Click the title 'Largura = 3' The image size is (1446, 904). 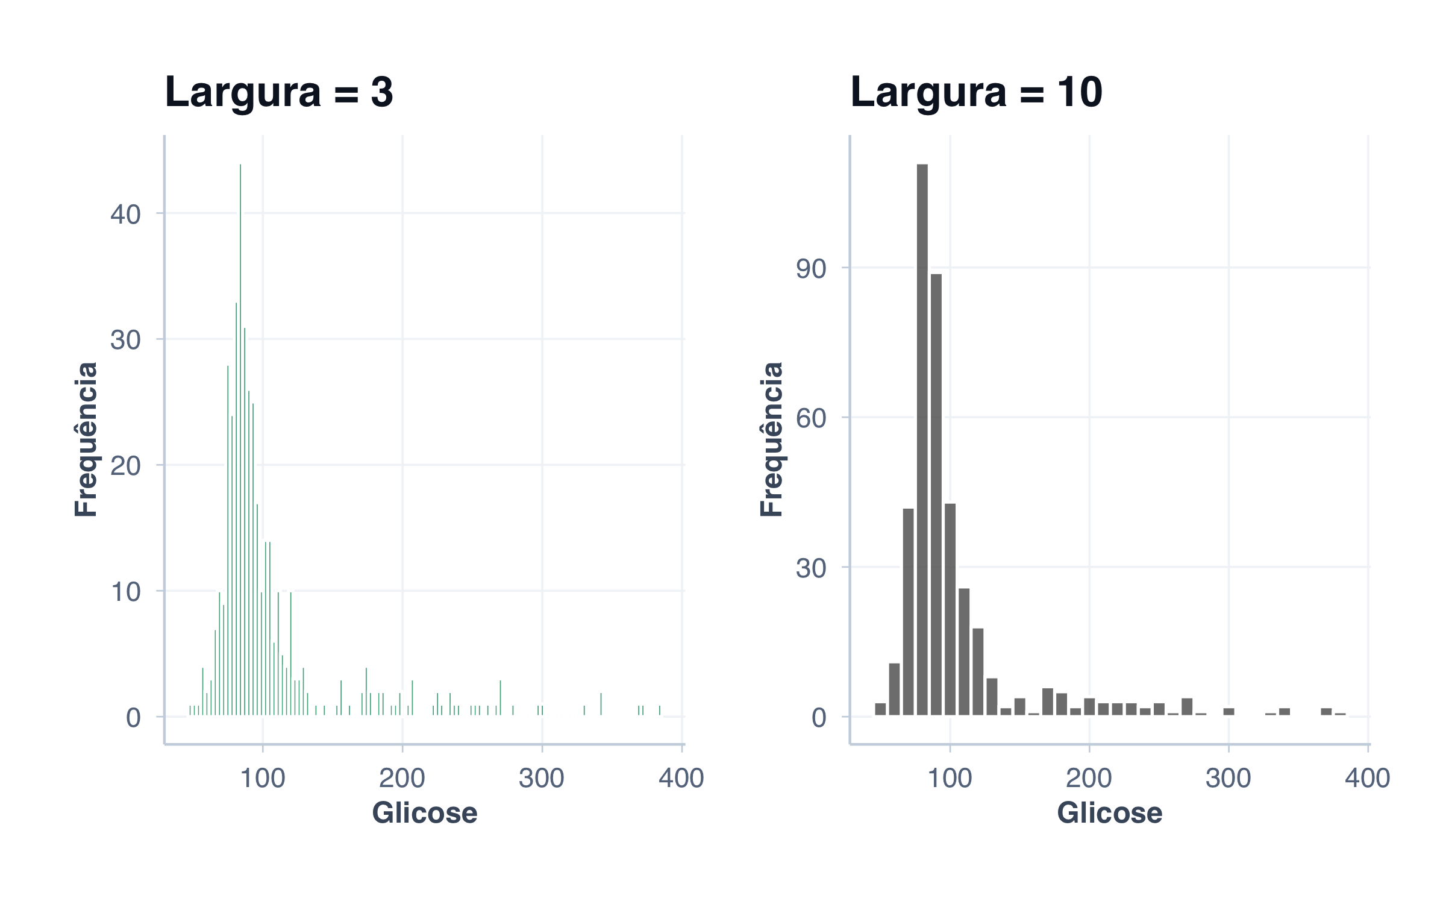tap(279, 92)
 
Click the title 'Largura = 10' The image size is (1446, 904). tap(976, 92)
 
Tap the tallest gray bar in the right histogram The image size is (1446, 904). tap(922, 440)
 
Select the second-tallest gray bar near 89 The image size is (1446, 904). tap(936, 494)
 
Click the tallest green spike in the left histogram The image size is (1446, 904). tap(240, 440)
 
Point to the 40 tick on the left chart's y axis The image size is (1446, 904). tap(125, 215)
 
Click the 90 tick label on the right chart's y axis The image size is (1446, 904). tap(811, 269)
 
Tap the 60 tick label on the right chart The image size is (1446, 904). tap(811, 418)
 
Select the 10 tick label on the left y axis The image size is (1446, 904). tap(125, 592)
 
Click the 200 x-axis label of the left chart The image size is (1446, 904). tap(402, 778)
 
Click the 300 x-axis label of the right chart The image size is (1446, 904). tap(1228, 778)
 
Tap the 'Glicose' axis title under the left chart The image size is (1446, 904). tap(425, 813)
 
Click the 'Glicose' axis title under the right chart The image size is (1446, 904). tap(1110, 813)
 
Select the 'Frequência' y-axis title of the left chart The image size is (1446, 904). tap(86, 439)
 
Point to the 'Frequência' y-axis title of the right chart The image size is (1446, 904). tap(771, 439)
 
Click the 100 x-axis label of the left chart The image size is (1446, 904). tap(263, 778)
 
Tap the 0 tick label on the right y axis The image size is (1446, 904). tap(819, 718)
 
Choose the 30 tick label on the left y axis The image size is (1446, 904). tap(125, 341)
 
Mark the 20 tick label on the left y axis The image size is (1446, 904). tap(125, 466)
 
